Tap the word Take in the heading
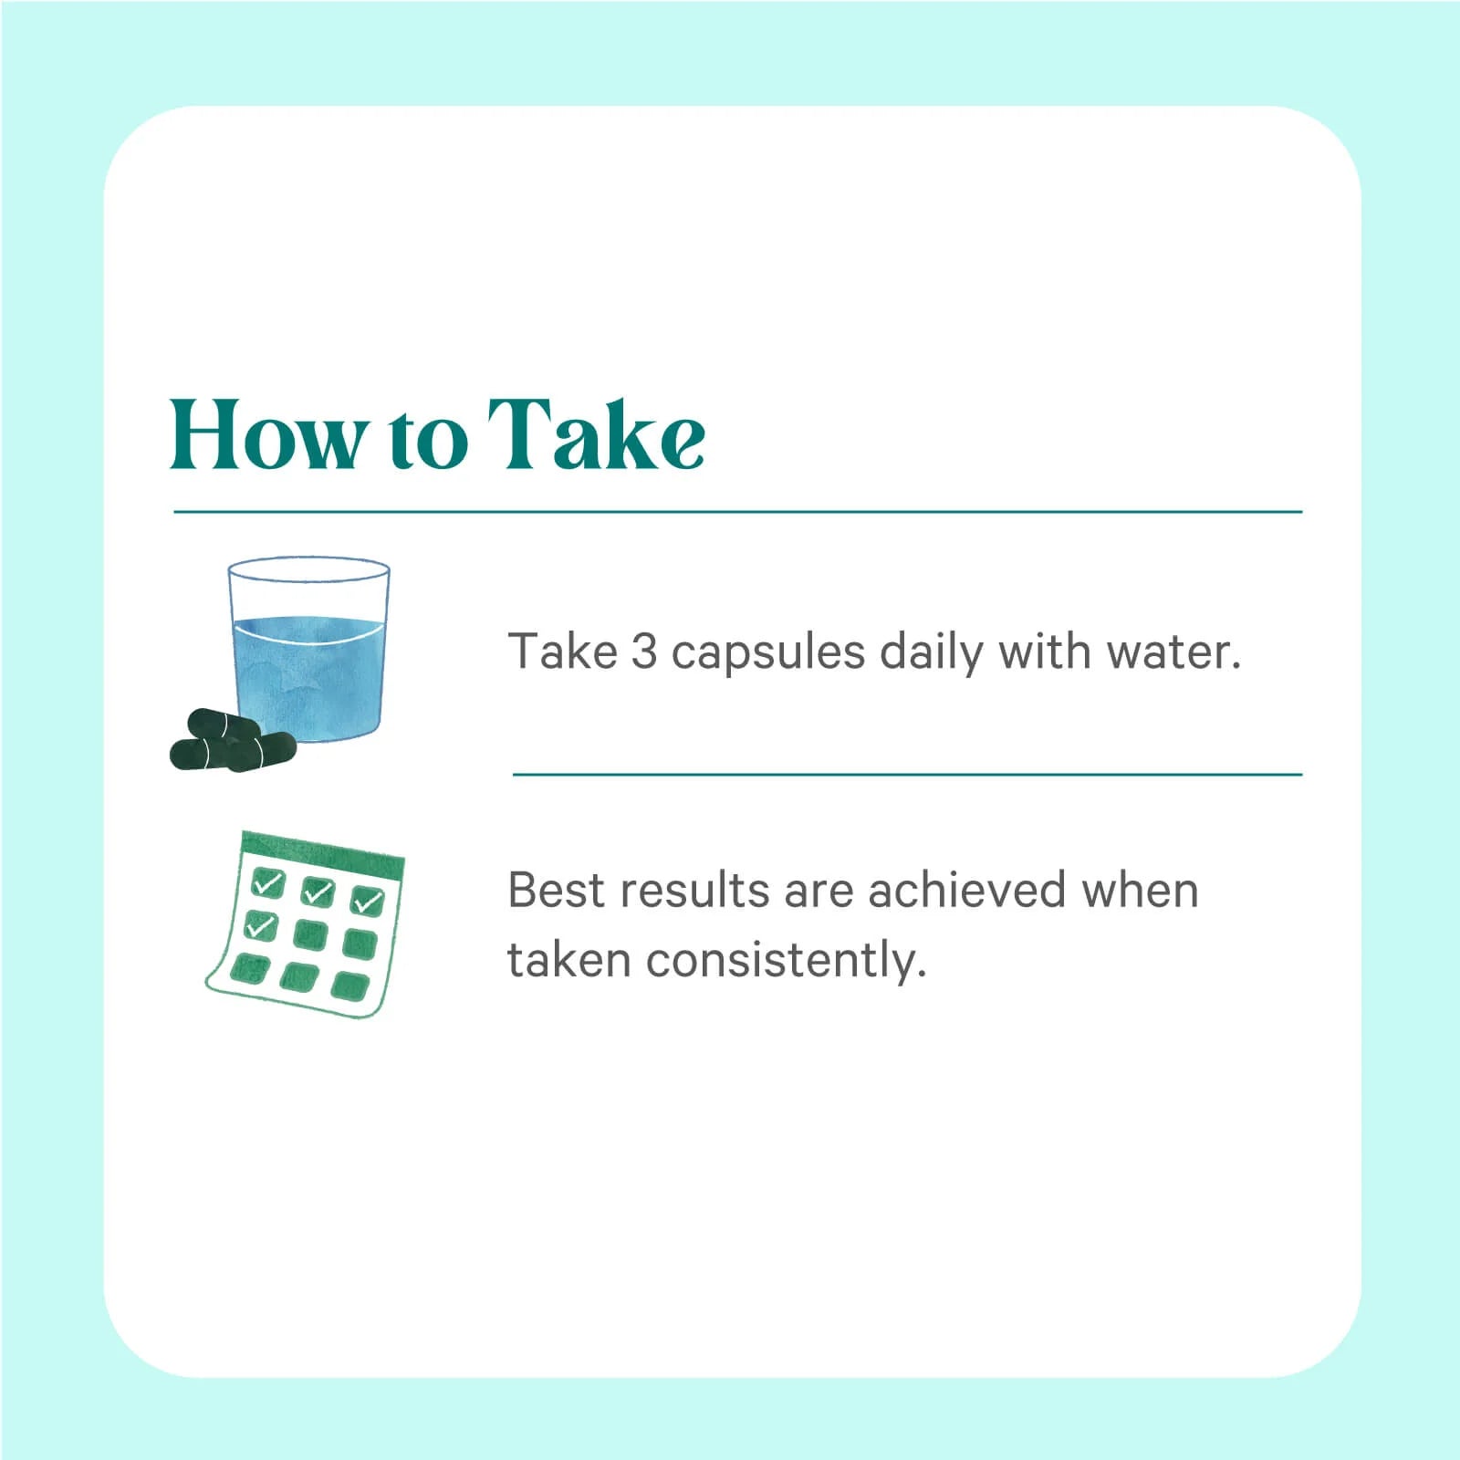pyautogui.click(x=595, y=434)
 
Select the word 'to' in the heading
pyautogui.click(x=428, y=442)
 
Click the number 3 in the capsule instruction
pyautogui.click(x=643, y=652)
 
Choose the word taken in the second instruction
pyautogui.click(x=569, y=960)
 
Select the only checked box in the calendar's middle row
pyautogui.click(x=261, y=925)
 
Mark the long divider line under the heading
pyautogui.click(x=737, y=512)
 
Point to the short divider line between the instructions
pyautogui.click(x=907, y=775)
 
